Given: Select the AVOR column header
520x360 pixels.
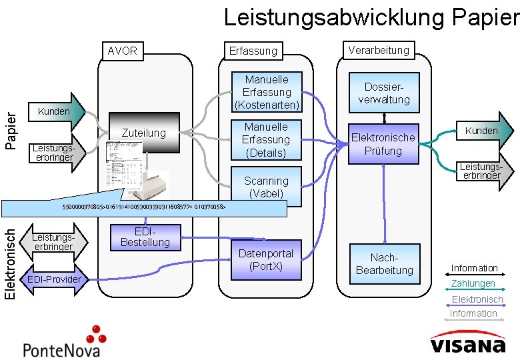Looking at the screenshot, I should (122, 51).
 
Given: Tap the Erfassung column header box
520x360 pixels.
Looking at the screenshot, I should (253, 51).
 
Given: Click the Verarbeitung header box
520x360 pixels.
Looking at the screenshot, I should (379, 50).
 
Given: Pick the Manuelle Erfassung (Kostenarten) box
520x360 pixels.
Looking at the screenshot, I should (267, 92).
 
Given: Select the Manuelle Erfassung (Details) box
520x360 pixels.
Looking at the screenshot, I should (267, 139).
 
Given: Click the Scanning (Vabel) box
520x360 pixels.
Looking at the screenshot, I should (267, 187).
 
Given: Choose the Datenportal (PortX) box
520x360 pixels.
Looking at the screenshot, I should (267, 260).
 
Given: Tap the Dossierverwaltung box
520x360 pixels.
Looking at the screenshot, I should (384, 93).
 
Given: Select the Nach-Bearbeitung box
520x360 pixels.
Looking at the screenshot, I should (384, 263).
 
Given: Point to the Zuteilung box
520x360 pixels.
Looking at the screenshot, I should (144, 133).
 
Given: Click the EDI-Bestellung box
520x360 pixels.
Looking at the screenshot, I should (144, 237).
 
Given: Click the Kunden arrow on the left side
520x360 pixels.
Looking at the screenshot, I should (59, 111).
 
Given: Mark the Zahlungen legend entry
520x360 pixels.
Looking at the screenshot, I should (474, 284).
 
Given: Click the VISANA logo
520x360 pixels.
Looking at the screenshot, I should (467, 345).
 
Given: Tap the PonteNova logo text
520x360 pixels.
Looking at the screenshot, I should (61, 349).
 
